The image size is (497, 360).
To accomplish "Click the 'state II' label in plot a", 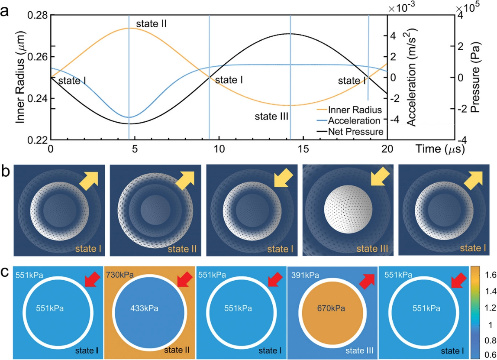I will click(152, 23).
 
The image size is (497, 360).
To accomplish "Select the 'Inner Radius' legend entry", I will click(355, 110).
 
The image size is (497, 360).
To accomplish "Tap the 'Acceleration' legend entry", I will click(354, 120).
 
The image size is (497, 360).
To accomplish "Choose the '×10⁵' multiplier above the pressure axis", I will click(466, 7).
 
